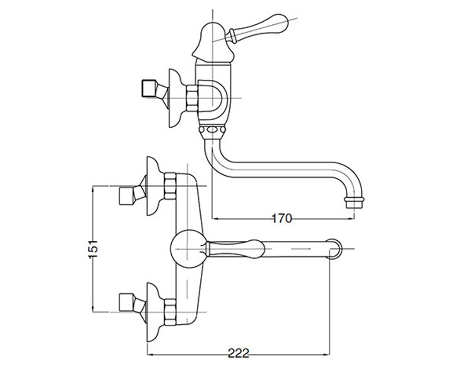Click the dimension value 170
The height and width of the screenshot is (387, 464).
[x=282, y=218]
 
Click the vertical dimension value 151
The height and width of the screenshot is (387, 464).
[x=93, y=249]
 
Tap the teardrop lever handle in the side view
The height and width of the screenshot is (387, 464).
[x=258, y=29]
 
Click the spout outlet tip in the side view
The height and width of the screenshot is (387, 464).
[x=354, y=203]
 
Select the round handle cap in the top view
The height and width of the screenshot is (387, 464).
[x=187, y=249]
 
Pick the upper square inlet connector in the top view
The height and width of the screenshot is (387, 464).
[x=127, y=196]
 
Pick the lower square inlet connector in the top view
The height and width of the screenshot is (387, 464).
[x=127, y=302]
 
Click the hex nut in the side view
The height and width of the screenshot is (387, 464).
[x=192, y=98]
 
